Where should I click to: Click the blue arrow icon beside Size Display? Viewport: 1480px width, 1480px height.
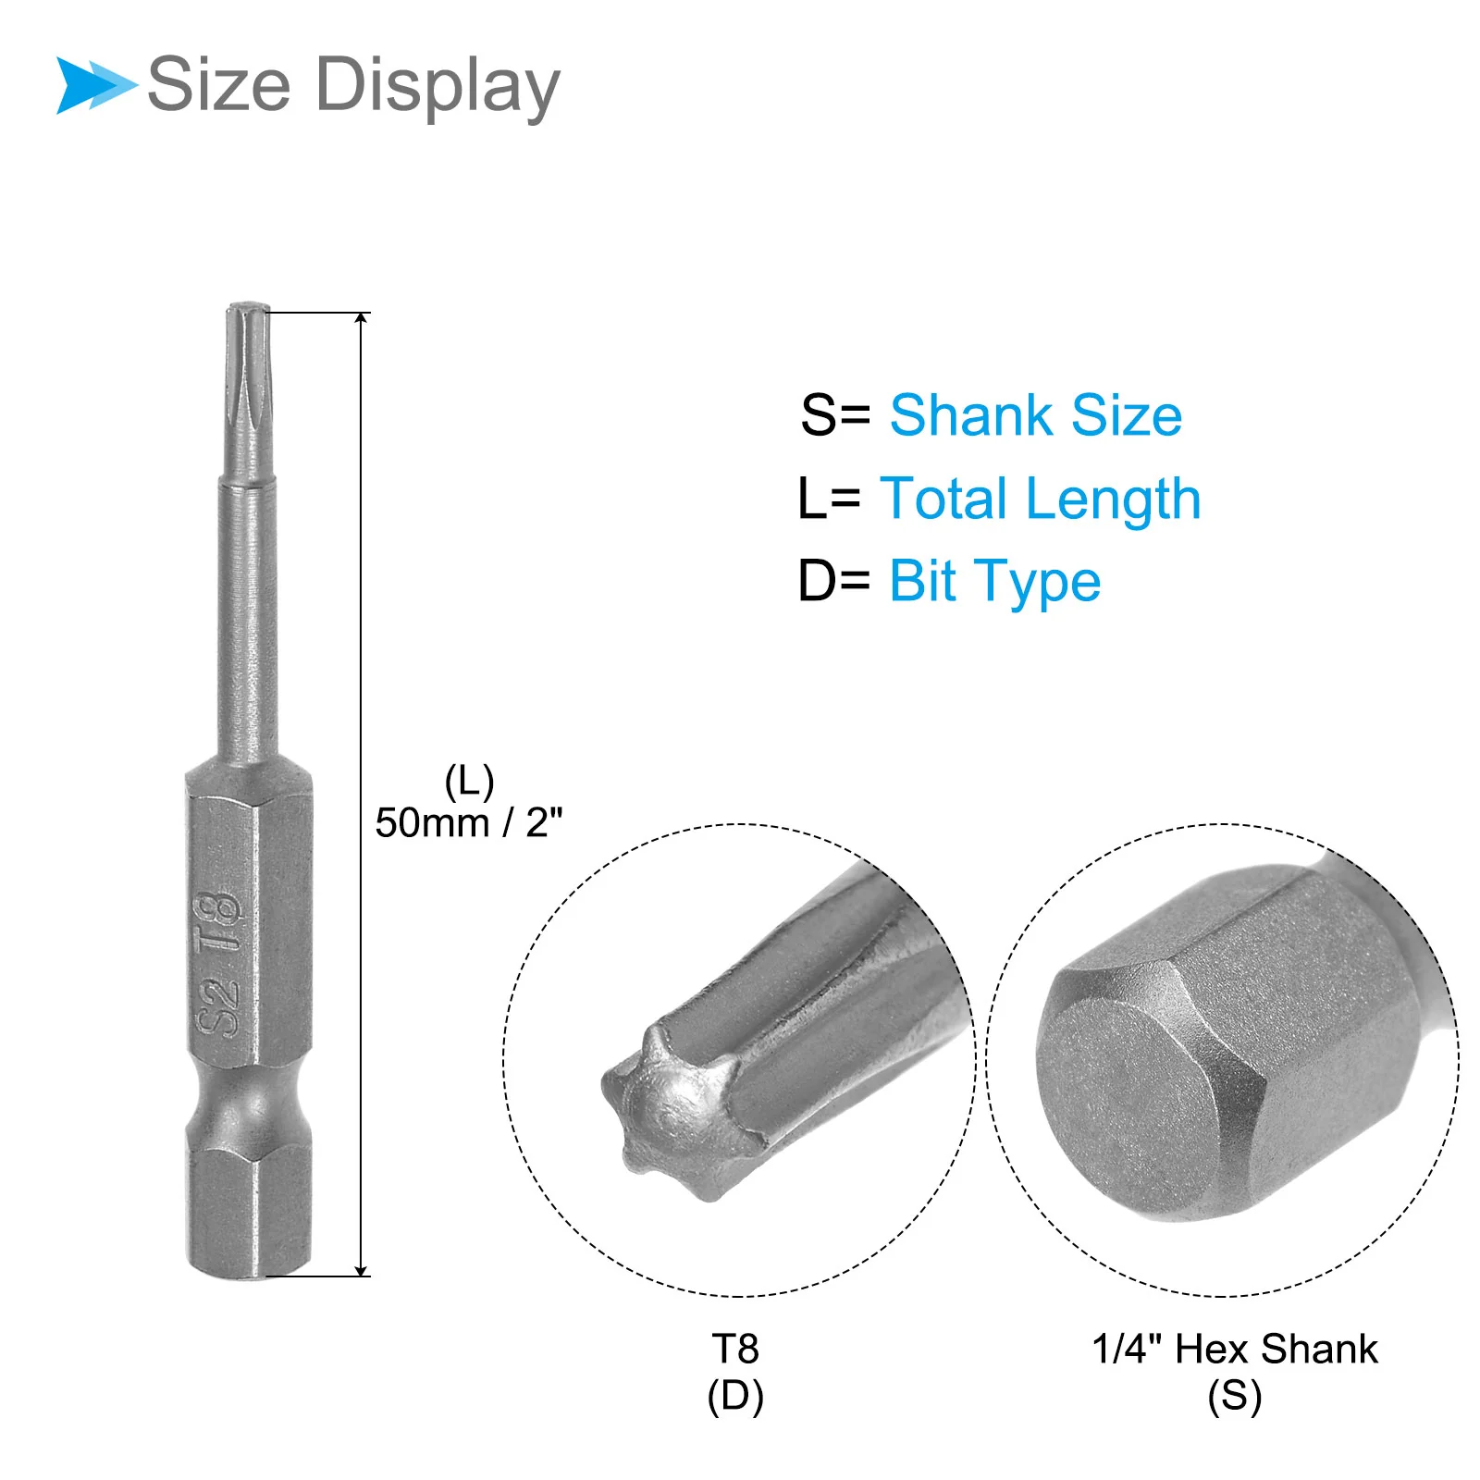click(94, 85)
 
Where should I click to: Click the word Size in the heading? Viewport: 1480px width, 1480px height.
click(219, 84)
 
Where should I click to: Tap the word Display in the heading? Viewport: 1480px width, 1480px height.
click(438, 87)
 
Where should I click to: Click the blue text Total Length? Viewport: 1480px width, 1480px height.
click(1041, 499)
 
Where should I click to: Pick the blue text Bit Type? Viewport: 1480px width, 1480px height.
click(995, 583)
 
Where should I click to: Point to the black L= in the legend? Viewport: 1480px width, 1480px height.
click(830, 499)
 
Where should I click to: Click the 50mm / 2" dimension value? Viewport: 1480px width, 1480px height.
click(469, 822)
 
